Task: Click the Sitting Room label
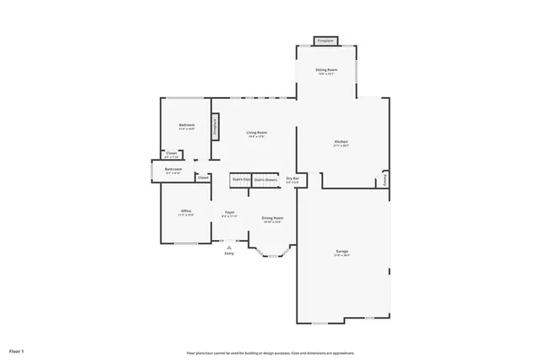326,71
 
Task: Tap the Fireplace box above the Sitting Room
325,40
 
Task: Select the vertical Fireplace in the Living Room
216,126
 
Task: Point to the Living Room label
257,134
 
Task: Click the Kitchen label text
342,143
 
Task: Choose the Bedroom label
187,127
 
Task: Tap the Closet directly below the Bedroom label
172,155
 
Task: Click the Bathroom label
173,171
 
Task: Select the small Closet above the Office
204,177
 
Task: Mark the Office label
186,212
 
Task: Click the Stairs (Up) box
240,179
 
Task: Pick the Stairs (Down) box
265,179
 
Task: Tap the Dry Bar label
292,179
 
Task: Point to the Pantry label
385,179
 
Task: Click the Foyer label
229,213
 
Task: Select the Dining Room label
272,219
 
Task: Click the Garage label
342,253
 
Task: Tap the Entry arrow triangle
229,247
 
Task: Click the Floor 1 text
18,350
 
